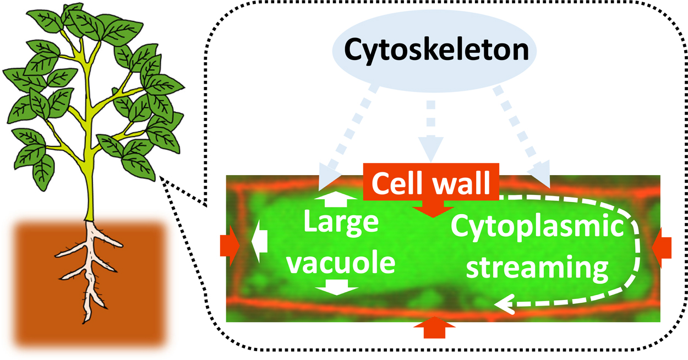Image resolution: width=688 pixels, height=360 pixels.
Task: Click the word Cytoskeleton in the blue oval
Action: pos(436,50)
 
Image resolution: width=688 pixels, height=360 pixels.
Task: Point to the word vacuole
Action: pos(341,263)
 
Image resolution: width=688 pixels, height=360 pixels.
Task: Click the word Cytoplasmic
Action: pos(538,227)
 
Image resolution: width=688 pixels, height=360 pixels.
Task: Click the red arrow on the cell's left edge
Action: pos(230,244)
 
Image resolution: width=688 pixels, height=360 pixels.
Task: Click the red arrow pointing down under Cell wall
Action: pos(433,208)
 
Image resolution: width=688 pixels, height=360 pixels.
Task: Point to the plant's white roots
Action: pos(91,264)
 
